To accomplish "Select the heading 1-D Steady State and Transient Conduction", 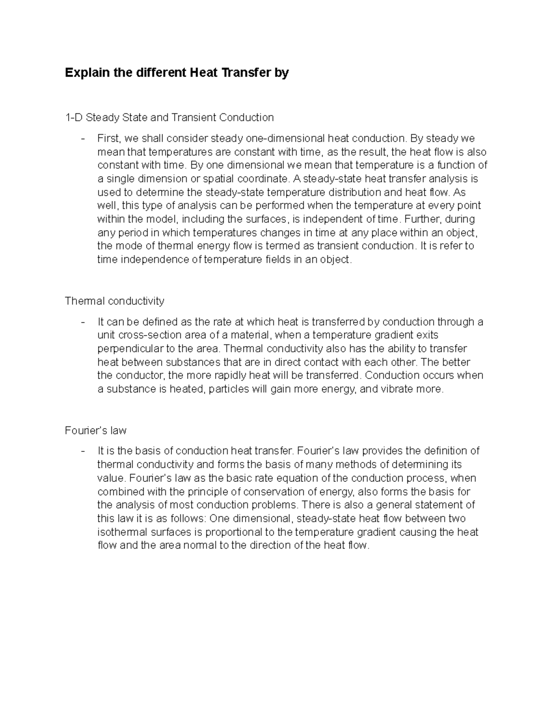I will tap(169, 118).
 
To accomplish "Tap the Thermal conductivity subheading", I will tap(115, 301).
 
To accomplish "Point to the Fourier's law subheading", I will tap(96, 431).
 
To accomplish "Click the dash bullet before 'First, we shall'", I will tap(83, 139).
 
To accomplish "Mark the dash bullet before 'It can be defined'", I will tap(83, 322).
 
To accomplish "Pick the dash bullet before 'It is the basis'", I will tap(83, 451).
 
